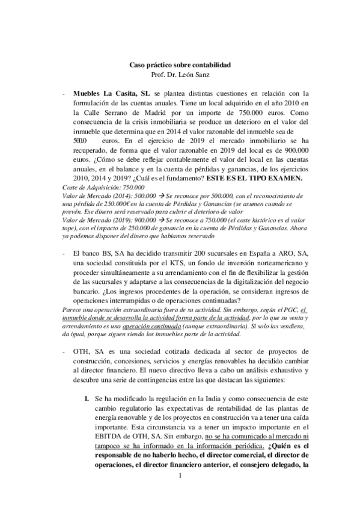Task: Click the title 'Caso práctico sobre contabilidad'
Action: (x=180, y=64)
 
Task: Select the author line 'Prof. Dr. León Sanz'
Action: (x=180, y=73)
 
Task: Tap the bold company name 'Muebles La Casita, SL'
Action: (x=111, y=94)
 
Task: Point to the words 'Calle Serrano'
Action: (x=94, y=114)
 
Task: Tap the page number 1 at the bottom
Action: (x=180, y=478)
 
